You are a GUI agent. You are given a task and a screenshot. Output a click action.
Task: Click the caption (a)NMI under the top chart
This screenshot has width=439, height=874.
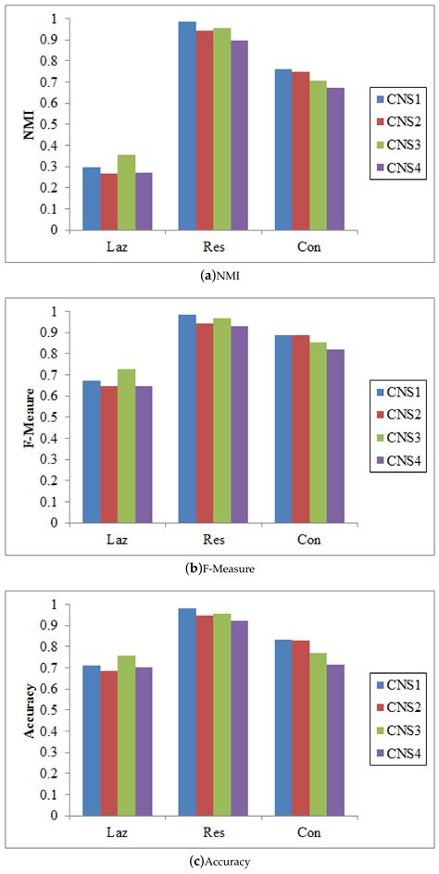(219, 272)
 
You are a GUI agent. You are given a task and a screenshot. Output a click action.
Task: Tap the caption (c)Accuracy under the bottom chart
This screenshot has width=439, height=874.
(219, 860)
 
